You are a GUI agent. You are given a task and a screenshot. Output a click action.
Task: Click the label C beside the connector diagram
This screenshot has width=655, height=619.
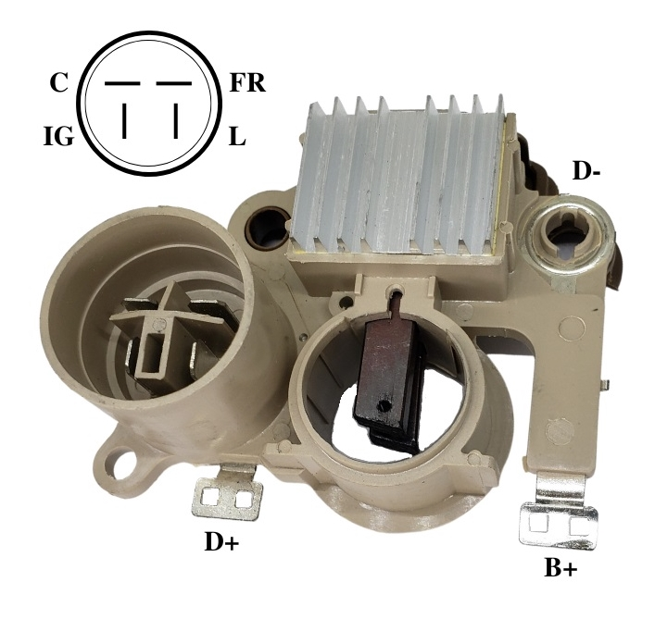[x=58, y=83]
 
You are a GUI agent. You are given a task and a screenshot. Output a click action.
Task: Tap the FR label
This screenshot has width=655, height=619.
[x=247, y=83]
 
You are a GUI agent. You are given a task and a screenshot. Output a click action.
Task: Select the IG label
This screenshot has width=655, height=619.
[x=59, y=136]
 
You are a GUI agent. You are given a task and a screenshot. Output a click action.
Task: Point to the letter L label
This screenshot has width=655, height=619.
[x=237, y=136]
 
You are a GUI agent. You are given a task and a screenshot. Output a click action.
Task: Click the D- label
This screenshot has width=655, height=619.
[x=586, y=170]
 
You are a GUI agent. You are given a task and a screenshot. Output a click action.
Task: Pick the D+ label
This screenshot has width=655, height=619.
[x=221, y=541]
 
